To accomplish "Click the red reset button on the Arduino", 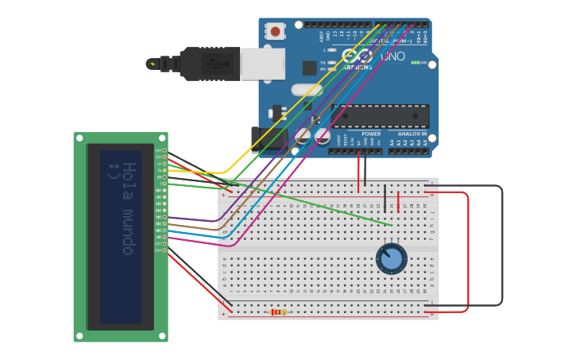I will pos(276,32).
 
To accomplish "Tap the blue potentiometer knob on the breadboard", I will pos(392,259).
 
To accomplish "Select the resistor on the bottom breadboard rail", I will pos(278,312).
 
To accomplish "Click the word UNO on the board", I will pos(392,57).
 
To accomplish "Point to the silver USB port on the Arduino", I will pos(262,64).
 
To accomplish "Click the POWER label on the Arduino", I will pos(371,134).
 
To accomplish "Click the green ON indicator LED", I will pos(414,63).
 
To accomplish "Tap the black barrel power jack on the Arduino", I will pos(269,139).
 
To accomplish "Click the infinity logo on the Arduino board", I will pos(358,56).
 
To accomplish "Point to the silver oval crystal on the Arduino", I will pos(307,90).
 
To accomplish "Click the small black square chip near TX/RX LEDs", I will pos(309,68).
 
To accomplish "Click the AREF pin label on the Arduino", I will pos(322,36).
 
